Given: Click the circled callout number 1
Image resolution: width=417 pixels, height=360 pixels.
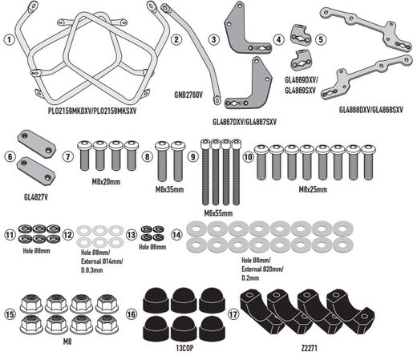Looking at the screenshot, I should (8, 38).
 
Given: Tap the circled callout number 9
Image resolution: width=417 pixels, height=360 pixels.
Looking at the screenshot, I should (192, 158).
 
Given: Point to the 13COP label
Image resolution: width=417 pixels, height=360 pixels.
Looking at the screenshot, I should (173, 347).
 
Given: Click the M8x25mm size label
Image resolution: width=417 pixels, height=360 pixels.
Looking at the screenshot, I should (314, 190).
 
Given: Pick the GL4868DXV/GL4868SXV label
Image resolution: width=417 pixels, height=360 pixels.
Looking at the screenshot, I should (370, 107).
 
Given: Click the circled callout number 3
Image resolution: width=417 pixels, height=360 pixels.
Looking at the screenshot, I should (214, 38).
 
